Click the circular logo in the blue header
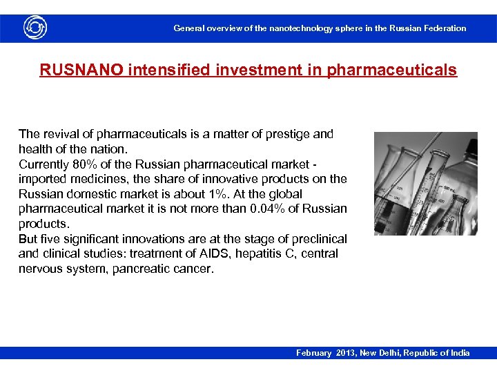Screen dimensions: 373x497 click(35, 28)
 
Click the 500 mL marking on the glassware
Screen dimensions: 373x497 click(450, 188)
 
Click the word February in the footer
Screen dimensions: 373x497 click(314, 353)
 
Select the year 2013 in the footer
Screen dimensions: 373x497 click(347, 353)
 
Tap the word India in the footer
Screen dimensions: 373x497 click(458, 353)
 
